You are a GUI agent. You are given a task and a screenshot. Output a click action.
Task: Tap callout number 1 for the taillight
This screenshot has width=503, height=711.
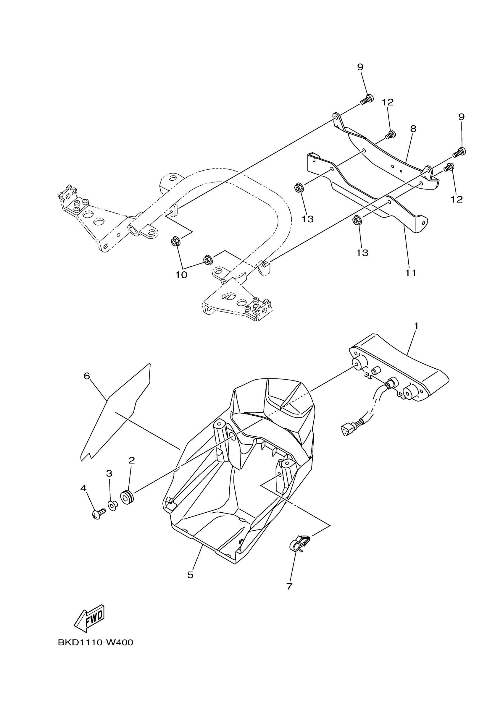[416, 326]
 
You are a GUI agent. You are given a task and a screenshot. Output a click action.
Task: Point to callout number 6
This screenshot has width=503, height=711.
[87, 376]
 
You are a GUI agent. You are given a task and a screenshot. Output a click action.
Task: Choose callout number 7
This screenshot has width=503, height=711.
[289, 586]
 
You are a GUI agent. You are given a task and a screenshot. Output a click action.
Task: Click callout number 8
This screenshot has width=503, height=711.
[413, 129]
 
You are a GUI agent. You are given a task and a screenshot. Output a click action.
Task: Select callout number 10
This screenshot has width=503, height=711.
[181, 275]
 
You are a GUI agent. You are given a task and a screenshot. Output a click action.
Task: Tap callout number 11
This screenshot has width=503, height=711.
[411, 273]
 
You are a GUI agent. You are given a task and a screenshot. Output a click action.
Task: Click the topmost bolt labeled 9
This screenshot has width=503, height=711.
[367, 99]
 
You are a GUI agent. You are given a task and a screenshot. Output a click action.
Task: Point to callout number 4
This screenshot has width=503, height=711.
[83, 488]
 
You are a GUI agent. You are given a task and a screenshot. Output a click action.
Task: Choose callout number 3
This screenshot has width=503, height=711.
[109, 473]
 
